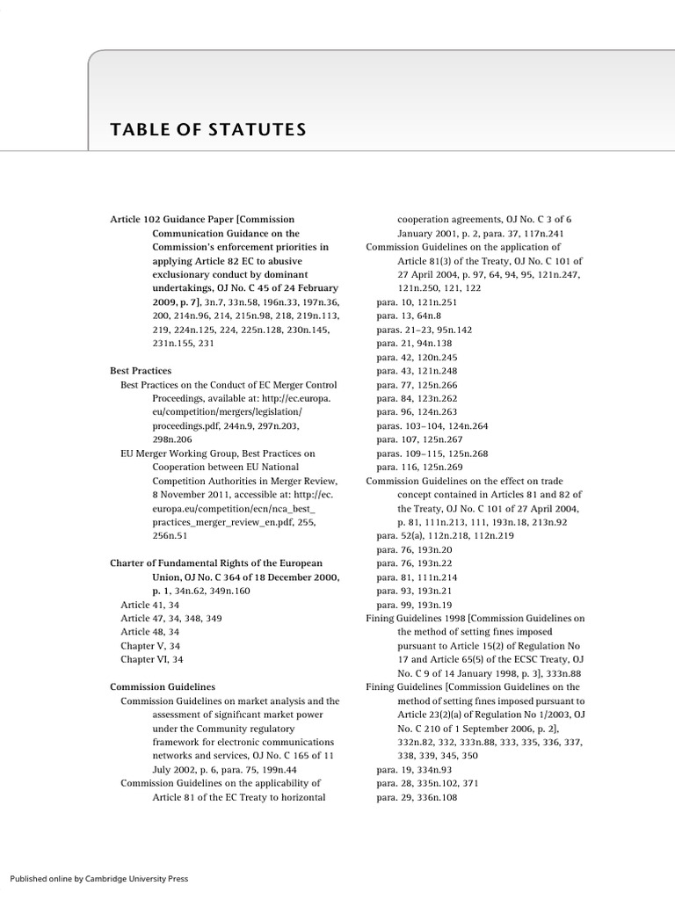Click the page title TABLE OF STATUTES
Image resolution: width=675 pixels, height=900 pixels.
point(207,131)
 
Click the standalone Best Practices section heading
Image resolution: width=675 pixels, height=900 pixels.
point(141,371)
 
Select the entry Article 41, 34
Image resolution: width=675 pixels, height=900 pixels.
point(149,605)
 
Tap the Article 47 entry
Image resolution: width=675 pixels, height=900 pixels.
point(171,618)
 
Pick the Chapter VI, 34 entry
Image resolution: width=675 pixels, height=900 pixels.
point(151,659)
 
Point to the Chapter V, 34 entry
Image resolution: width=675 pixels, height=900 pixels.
point(150,645)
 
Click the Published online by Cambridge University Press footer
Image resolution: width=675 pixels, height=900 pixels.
point(98,878)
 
